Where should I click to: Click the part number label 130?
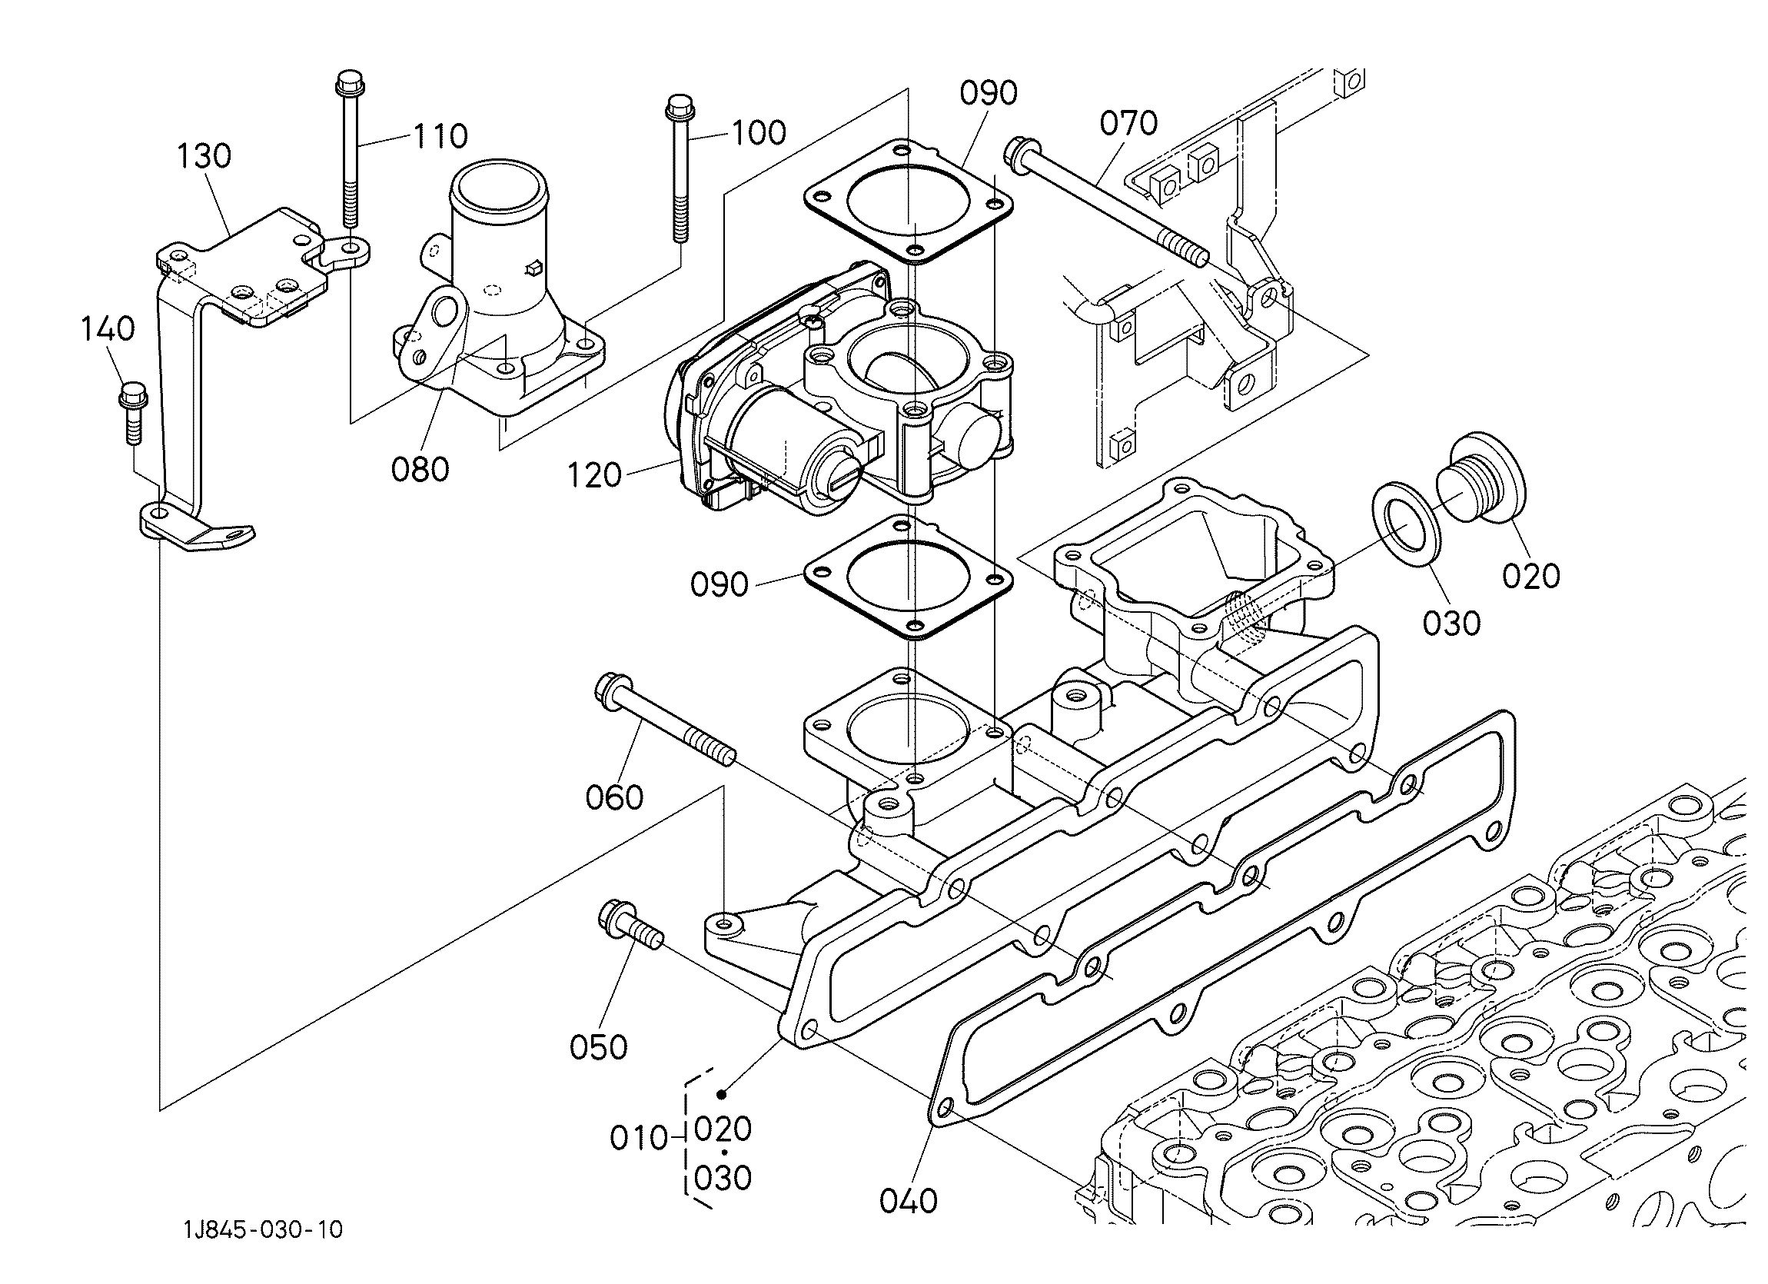point(204,156)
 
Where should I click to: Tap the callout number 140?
point(108,329)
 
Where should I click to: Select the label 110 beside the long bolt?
point(440,136)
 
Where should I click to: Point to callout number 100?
point(758,133)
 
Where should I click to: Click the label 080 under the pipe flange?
point(420,469)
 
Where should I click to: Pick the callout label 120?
point(595,476)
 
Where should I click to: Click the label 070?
point(1128,123)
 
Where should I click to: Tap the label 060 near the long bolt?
point(615,797)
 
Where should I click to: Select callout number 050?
point(599,1048)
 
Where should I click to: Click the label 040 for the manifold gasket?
point(909,1202)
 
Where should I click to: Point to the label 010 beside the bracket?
point(640,1139)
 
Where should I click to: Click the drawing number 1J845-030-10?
point(264,1230)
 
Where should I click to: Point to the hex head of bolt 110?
point(350,81)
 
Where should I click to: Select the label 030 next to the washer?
point(1451,623)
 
